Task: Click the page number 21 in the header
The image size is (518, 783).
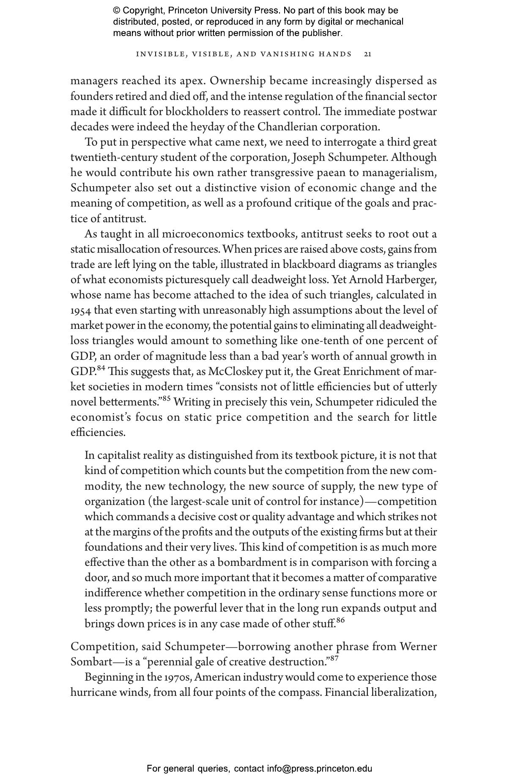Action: click(x=367, y=54)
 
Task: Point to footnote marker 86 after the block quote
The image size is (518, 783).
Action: click(x=341, y=620)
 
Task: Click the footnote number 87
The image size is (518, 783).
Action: click(x=334, y=658)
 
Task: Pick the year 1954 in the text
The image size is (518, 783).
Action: click(x=81, y=311)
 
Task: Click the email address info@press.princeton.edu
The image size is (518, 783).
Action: click(x=319, y=769)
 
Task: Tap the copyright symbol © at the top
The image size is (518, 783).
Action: click(x=117, y=11)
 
